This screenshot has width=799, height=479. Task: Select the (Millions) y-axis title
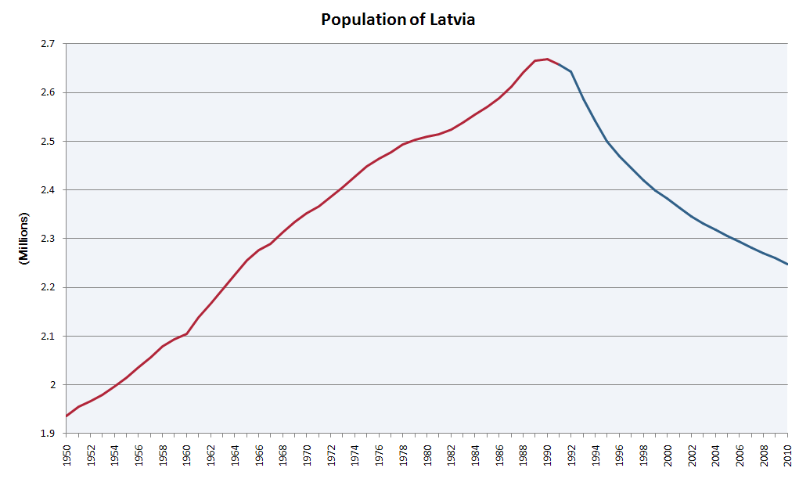pos(23,238)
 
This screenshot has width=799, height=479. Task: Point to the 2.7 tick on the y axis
pos(49,44)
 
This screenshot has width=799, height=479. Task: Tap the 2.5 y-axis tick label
pos(49,142)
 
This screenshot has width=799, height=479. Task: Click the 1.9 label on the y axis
pos(49,434)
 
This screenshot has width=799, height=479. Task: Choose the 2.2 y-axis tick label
pos(49,287)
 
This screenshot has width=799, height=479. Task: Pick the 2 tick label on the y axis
pos(54,385)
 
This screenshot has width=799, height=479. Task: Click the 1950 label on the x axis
pos(67,456)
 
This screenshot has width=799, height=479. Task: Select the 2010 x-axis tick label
pos(788,456)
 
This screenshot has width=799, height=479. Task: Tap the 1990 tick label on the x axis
pos(548,456)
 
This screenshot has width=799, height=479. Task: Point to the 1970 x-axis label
pos(307,456)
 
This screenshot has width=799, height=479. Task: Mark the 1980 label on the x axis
pos(427,456)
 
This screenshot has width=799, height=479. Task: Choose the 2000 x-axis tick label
pos(668,456)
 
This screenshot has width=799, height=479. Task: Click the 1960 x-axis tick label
pos(187,456)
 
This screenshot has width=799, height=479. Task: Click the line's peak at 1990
pos(547,59)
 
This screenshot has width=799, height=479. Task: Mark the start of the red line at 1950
pos(67,416)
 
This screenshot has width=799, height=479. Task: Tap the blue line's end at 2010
pos(787,265)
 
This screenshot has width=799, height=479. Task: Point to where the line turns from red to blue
pos(571,71)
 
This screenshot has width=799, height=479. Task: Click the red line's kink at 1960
pos(187,333)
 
